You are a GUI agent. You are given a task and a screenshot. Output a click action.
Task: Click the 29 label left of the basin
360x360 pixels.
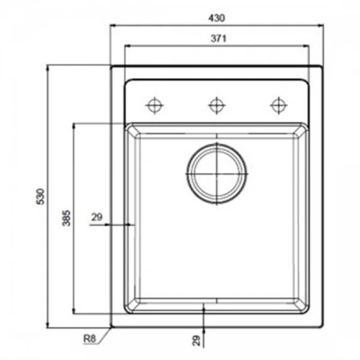(x=98, y=215)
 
